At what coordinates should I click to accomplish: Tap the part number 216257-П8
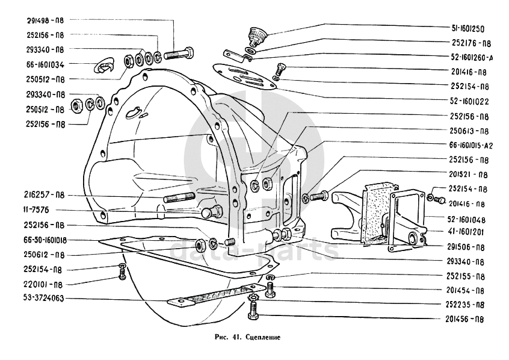pyautogui.click(x=45, y=196)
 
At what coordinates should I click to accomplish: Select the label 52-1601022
pyautogui.click(x=467, y=101)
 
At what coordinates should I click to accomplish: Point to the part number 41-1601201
pyautogui.click(x=467, y=231)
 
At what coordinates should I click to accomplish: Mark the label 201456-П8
pyautogui.click(x=467, y=319)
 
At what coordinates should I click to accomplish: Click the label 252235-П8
pyautogui.click(x=467, y=304)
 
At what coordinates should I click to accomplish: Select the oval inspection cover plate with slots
pyautogui.click(x=247, y=76)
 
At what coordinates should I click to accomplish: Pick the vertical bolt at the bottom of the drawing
pyautogui.click(x=253, y=313)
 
